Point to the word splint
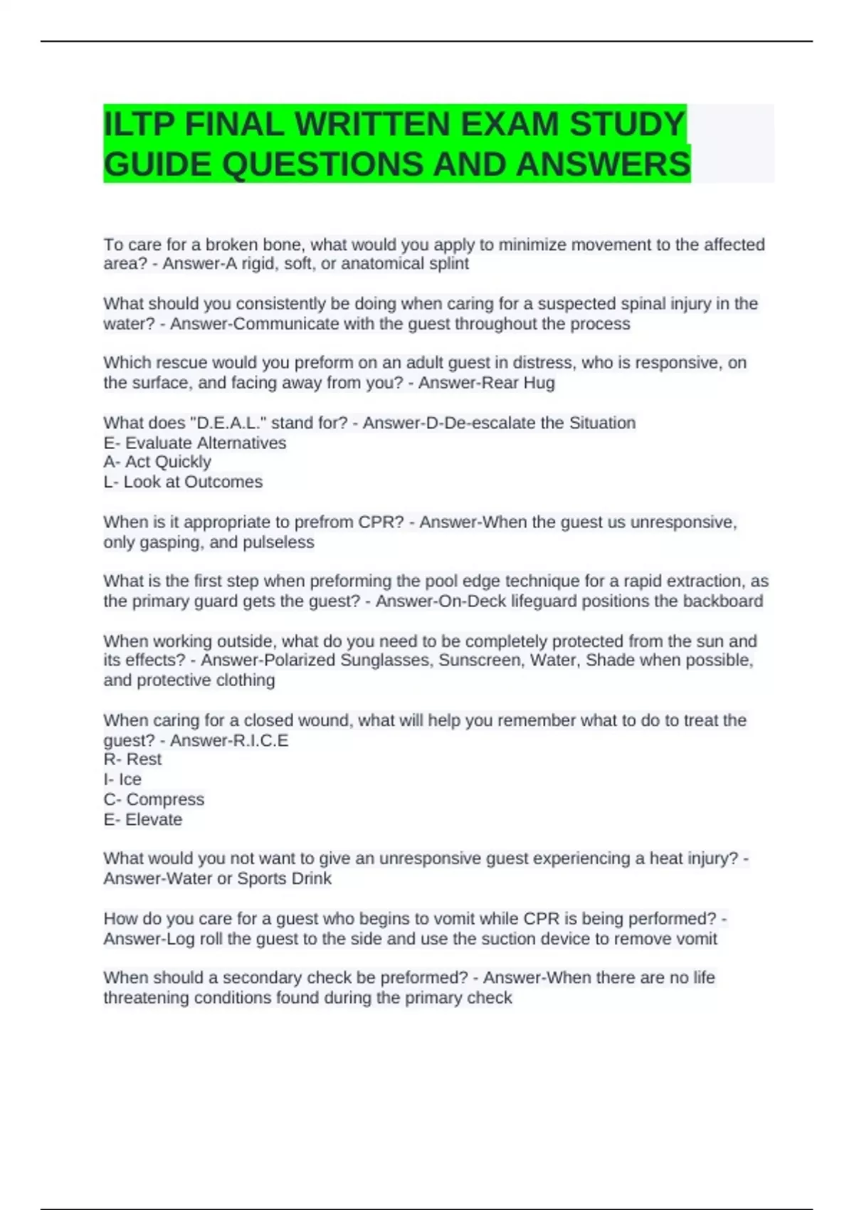pyautogui.click(x=446, y=264)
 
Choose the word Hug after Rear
pyautogui.click(x=539, y=383)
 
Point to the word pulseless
pyautogui.click(x=278, y=542)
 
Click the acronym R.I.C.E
pyautogui.click(x=259, y=741)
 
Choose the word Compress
pyautogui.click(x=165, y=799)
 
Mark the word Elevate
pyautogui.click(x=153, y=820)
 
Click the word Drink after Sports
pyautogui.click(x=312, y=879)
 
